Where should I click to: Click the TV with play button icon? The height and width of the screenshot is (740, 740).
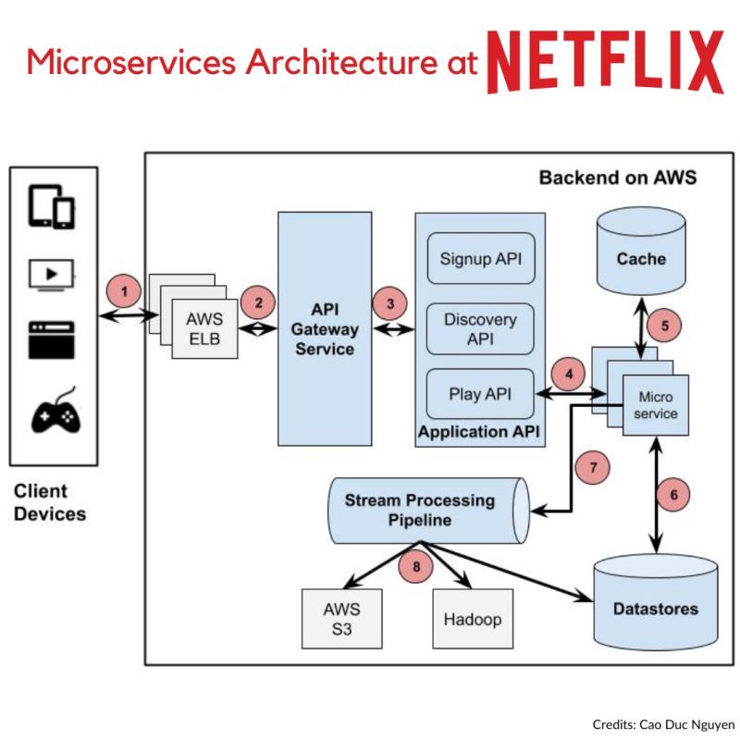pos(53,275)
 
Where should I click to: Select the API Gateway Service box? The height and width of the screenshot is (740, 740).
pos(325,327)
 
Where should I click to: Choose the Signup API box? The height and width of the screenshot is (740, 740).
pos(480,258)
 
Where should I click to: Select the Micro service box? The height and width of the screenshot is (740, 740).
pos(658,404)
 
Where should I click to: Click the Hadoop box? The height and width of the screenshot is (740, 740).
pos(472,618)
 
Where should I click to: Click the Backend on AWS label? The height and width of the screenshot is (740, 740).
pos(617,177)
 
